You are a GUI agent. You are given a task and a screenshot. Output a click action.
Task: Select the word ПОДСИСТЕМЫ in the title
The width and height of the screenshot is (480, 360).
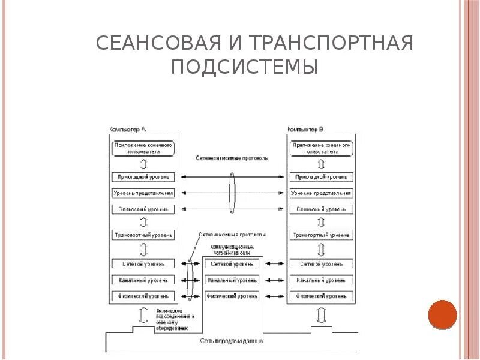point(244,67)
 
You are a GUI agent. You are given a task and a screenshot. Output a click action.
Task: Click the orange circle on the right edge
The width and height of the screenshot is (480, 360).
point(443,314)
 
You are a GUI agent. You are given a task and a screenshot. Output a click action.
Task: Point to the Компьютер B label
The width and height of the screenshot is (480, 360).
point(306,130)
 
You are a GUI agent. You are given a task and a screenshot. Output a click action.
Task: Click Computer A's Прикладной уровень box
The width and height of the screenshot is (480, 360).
point(144,177)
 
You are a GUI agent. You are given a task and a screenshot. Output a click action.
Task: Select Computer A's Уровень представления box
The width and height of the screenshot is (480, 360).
point(144,193)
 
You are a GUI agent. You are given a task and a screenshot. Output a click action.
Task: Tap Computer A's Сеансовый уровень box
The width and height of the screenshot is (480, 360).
point(144,209)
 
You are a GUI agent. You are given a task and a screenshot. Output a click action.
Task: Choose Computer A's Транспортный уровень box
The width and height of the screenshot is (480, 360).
point(144,235)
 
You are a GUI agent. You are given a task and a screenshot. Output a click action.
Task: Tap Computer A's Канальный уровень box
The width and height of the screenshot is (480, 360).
point(144,280)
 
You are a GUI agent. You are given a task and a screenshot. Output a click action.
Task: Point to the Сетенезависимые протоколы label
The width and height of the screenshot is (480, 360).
point(232,158)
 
